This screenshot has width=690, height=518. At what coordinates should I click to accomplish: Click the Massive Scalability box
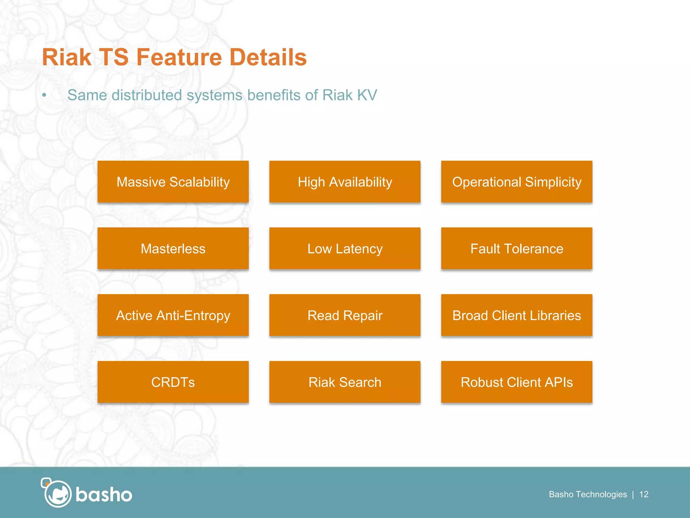(173, 182)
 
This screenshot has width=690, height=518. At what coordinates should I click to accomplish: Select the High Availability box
(345, 182)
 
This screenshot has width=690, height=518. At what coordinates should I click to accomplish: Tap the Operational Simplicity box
(516, 182)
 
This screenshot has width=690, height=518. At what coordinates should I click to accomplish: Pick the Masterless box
(173, 249)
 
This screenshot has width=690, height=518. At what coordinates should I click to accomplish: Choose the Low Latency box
(345, 249)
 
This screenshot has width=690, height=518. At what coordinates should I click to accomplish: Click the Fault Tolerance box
(516, 249)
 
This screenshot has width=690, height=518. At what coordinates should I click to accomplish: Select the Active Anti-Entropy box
(173, 315)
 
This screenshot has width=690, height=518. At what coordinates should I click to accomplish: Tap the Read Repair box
(345, 315)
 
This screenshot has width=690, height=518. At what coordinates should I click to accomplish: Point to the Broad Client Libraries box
(516, 315)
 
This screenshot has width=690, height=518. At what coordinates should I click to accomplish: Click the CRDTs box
(173, 382)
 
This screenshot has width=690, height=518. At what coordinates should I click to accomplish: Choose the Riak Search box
(345, 382)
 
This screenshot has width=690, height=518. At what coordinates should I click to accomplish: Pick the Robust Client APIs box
(516, 382)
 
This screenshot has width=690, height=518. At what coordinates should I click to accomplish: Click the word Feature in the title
(179, 57)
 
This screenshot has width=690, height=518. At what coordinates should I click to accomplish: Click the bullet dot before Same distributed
(44, 95)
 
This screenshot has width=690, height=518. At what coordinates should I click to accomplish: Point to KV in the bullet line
(367, 95)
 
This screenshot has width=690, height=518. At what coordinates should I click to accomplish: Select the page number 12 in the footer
(644, 494)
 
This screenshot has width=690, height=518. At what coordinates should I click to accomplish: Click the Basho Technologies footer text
(588, 494)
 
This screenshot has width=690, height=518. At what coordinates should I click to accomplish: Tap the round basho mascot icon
(57, 493)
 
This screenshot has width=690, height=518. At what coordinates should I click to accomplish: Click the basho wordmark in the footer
(104, 495)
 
